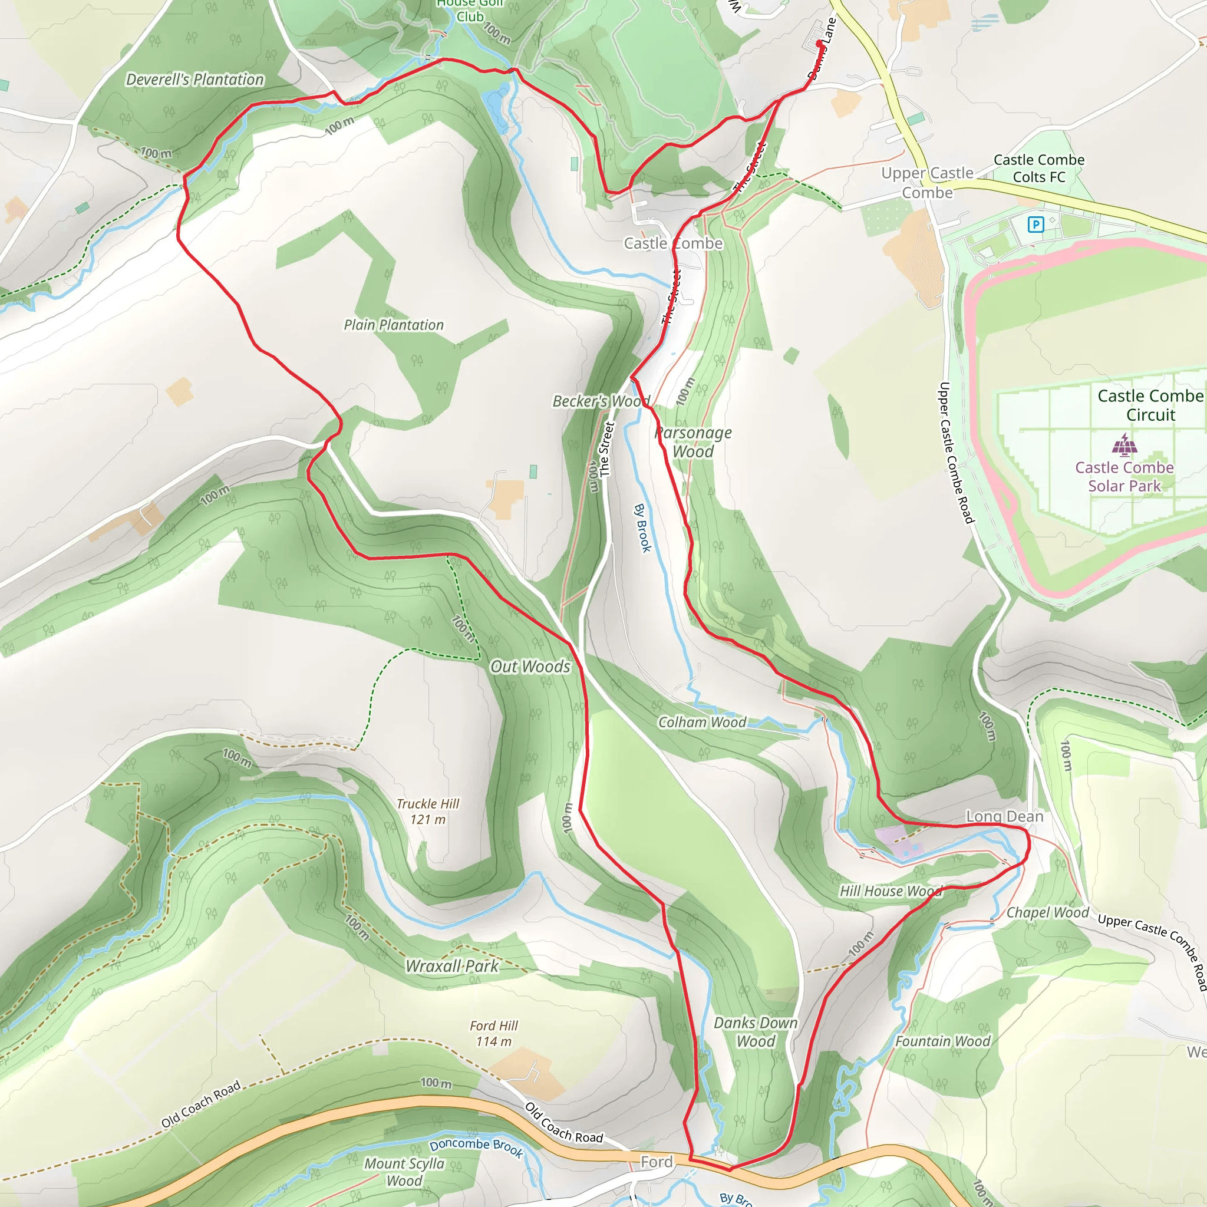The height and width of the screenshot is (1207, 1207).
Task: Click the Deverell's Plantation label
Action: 195,80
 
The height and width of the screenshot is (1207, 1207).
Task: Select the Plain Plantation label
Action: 394,325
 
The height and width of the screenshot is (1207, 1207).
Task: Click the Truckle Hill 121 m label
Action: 428,811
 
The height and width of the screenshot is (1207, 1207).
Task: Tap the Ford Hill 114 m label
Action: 493,1033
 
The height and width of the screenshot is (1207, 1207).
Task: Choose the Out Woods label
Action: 530,667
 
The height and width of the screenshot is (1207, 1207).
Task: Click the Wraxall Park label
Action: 451,966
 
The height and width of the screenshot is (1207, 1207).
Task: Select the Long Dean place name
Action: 1005,816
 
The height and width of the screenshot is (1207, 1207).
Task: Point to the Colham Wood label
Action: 702,722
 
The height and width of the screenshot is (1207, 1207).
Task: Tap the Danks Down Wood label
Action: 756,1032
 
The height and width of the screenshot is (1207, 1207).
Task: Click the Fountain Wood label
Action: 943,1041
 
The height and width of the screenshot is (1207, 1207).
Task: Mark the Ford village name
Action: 657,1162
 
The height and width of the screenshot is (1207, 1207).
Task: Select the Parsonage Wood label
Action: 694,441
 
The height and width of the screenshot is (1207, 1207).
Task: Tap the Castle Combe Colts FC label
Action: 1039,168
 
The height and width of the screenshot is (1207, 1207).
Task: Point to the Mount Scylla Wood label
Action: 404,1172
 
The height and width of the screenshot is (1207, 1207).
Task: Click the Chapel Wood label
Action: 1048,913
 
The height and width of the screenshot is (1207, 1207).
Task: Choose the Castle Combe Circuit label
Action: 1151,405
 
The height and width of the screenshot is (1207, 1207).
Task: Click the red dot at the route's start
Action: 820,43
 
